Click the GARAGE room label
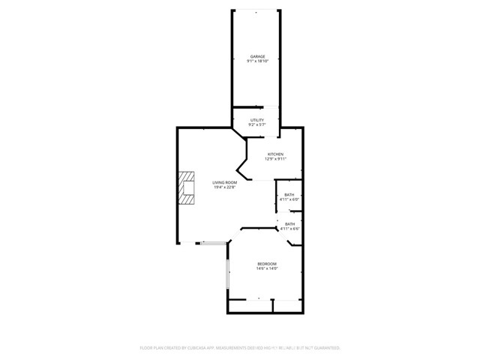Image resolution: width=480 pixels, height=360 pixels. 257,56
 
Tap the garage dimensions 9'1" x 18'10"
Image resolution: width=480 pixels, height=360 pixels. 257,61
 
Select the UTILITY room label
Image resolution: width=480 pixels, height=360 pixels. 256,120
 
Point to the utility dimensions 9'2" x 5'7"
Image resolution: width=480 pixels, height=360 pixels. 256,125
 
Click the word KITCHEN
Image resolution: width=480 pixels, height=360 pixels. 276,154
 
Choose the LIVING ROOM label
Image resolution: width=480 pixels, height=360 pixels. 224,182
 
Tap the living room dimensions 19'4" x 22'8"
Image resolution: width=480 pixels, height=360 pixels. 224,187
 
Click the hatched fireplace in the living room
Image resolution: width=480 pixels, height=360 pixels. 186,188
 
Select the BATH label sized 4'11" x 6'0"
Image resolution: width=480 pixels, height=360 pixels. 289,195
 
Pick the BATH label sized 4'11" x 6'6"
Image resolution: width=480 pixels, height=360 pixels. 289,223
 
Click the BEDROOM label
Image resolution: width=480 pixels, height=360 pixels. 268,263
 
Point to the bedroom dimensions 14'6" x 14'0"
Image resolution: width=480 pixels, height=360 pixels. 268,268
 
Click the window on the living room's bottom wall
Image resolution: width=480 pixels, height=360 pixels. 212,242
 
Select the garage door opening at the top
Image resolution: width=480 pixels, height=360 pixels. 256,10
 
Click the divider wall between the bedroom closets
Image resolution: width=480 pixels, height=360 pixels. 273,306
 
